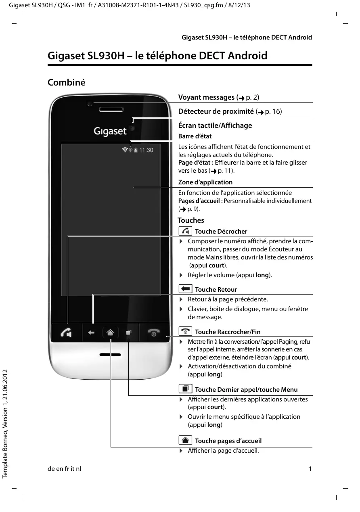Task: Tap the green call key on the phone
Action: click(66, 333)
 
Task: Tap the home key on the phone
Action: click(111, 333)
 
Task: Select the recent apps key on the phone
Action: click(128, 333)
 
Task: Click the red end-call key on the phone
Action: click(154, 333)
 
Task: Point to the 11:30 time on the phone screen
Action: click(146, 150)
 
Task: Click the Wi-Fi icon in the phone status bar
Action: click(125, 150)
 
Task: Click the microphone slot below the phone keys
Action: click(110, 355)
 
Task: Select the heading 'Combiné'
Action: click(67, 82)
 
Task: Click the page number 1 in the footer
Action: click(310, 469)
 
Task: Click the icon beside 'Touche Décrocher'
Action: click(185, 231)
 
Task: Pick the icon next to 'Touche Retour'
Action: click(185, 289)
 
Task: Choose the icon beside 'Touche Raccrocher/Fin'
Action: click(185, 331)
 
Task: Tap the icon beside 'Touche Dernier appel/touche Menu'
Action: click(185, 389)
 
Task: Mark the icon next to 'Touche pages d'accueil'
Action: click(185, 440)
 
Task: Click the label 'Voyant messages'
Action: click(206, 97)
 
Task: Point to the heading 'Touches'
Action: click(191, 220)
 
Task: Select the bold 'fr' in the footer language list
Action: click(67, 469)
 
